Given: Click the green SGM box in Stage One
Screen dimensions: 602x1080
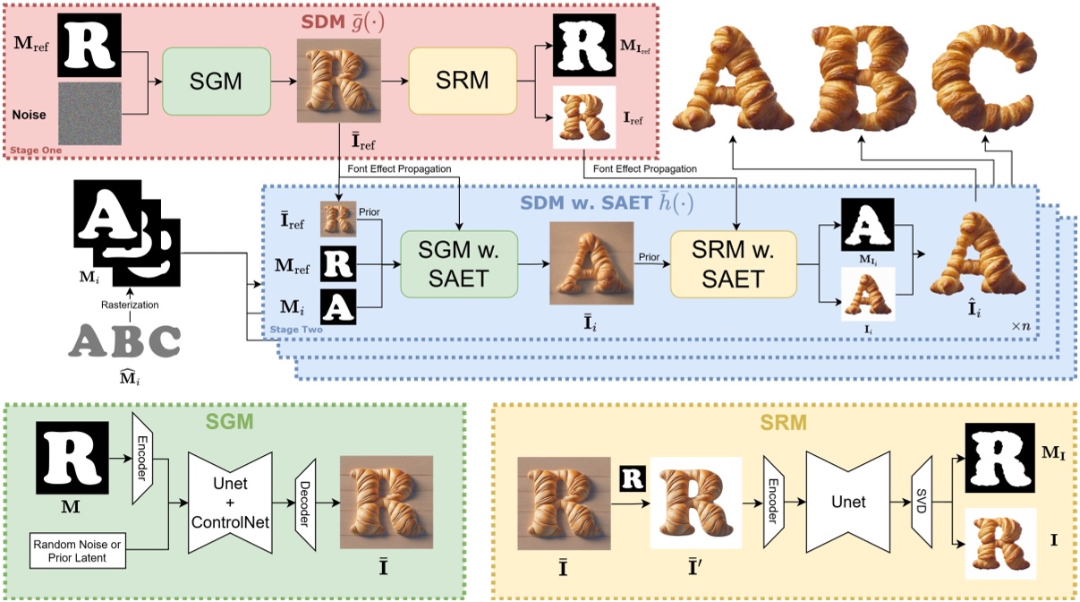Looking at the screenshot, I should pyautogui.click(x=216, y=81).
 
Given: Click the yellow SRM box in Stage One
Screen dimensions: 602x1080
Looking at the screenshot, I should pyautogui.click(x=463, y=81).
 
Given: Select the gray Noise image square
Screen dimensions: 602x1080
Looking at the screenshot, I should pyautogui.click(x=89, y=116).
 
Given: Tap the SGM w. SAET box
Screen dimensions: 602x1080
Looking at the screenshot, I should pyautogui.click(x=458, y=264).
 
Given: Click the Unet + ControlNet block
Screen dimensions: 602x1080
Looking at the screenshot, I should pyautogui.click(x=229, y=503).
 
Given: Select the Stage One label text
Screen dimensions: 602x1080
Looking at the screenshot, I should pyautogui.click(x=36, y=150).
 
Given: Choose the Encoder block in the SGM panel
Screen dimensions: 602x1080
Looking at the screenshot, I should pyautogui.click(x=142, y=458).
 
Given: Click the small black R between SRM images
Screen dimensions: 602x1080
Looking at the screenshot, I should pyautogui.click(x=632, y=478).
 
